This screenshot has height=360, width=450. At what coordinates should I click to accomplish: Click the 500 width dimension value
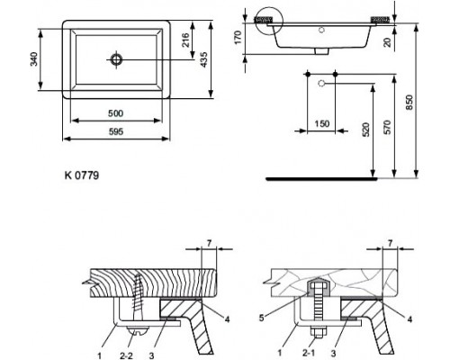pyautogui.click(x=115, y=113)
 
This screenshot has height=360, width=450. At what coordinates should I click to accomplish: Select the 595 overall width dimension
pyautogui.click(x=116, y=131)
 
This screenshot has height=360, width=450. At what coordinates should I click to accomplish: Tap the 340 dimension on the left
pyautogui.click(x=34, y=59)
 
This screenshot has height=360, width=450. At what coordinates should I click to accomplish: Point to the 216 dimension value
pyautogui.click(x=185, y=40)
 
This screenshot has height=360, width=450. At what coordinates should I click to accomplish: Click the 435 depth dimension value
pyautogui.click(x=203, y=59)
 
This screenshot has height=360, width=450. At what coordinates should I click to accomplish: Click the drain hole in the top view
pyautogui.click(x=116, y=59)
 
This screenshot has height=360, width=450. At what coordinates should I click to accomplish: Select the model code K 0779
pyautogui.click(x=82, y=175)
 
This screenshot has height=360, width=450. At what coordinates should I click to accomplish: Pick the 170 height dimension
pyautogui.click(x=238, y=37)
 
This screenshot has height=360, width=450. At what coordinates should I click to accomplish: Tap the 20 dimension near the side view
pyautogui.click(x=388, y=41)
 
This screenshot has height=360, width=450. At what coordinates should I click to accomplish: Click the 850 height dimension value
pyautogui.click(x=409, y=103)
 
